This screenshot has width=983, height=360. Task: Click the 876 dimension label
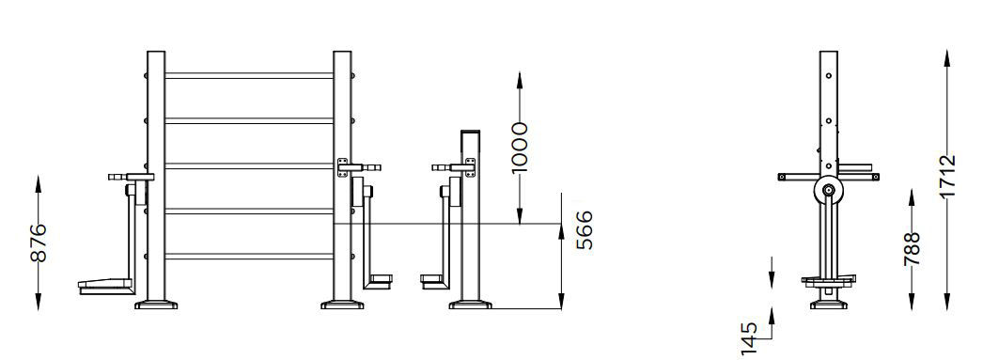[39, 243]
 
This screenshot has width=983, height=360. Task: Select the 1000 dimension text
[519, 148]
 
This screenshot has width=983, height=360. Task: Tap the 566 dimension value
[584, 230]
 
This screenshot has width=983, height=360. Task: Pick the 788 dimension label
[912, 248]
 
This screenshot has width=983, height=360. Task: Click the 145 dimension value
[749, 338]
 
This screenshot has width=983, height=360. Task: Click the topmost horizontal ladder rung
[249, 76]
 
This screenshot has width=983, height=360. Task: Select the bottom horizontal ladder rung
[249, 256]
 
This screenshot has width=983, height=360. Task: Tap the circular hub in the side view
[829, 191]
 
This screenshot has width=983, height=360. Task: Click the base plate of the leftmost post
[156, 305]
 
